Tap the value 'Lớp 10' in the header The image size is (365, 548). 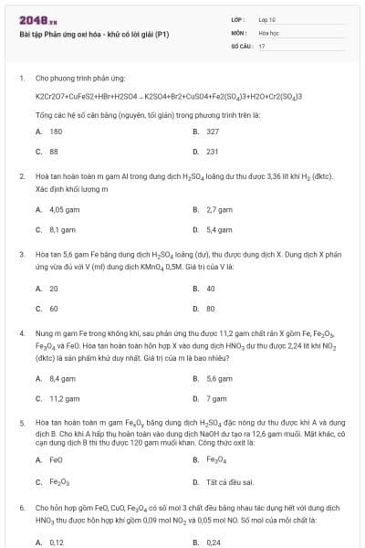(267, 19)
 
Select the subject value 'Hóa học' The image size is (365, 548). (268, 32)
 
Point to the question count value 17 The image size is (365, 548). (262, 45)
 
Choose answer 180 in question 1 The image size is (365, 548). (55, 132)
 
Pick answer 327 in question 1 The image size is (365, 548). (213, 132)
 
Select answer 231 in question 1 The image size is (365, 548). (213, 152)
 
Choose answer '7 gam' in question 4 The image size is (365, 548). (216, 398)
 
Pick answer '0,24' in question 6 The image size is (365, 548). (214, 542)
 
